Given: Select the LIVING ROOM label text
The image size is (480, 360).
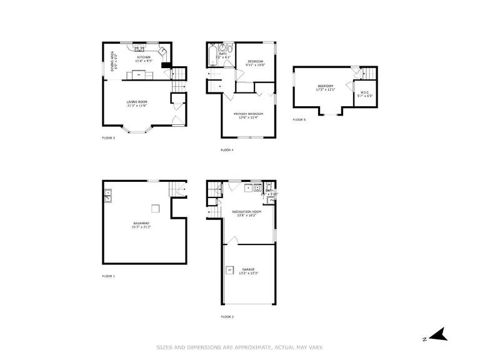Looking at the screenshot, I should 137,101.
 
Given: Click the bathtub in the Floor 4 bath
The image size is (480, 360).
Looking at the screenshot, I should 212,55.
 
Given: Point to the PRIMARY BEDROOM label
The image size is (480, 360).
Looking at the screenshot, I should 248,113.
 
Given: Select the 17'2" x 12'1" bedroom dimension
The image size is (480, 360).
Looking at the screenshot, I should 326,89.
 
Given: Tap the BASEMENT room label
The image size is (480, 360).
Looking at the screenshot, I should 141,223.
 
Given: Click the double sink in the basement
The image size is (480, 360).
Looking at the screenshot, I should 107,196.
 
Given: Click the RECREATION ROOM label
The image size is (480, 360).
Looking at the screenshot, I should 246,212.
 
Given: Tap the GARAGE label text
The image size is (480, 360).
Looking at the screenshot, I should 248,269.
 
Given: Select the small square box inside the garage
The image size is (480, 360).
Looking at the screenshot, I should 229,270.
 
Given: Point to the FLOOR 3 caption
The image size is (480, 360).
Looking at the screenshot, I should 108,137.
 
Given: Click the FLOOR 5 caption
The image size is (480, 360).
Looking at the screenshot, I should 299,119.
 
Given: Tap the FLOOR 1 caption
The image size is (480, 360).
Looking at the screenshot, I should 108,276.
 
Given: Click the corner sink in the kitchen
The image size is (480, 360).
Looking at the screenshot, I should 162,51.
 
